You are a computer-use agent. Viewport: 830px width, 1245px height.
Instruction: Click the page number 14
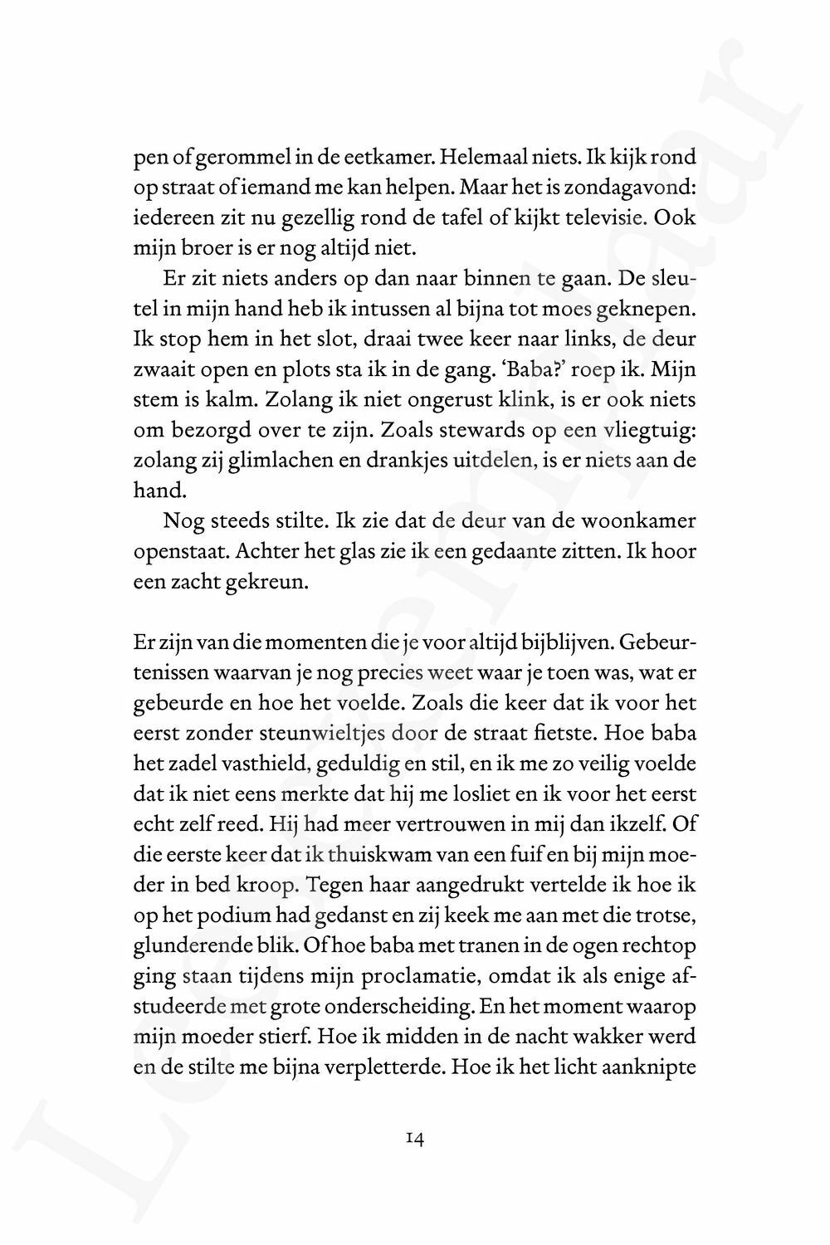[416, 1139]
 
